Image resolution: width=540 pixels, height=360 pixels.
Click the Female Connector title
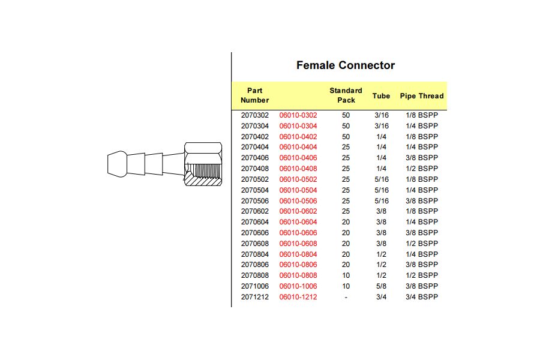(346, 65)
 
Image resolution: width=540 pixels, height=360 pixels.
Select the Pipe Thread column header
(422, 96)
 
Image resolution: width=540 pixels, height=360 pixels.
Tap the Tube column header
(381, 96)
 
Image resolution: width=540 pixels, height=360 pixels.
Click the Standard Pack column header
(346, 95)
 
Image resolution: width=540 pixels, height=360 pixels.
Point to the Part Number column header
(254, 95)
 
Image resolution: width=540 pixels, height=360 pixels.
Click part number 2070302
(254, 115)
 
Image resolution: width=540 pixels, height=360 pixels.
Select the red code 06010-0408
(298, 169)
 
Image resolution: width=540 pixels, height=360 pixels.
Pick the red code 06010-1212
(298, 296)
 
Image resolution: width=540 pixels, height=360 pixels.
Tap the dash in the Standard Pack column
(346, 297)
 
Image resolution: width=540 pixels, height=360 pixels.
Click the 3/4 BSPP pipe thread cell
(422, 296)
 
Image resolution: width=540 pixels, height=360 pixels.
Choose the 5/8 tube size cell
(381, 286)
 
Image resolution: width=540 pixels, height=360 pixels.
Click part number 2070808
(254, 275)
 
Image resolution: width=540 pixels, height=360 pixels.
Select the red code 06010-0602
(298, 211)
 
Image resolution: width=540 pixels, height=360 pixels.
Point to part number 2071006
(254, 286)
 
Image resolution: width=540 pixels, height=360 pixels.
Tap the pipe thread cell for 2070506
(422, 200)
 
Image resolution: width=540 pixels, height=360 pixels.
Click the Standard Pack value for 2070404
(346, 147)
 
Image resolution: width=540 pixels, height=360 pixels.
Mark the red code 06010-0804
(298, 254)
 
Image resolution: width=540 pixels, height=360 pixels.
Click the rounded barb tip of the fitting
(117, 164)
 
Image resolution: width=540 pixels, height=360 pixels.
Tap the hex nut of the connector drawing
(203, 164)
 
